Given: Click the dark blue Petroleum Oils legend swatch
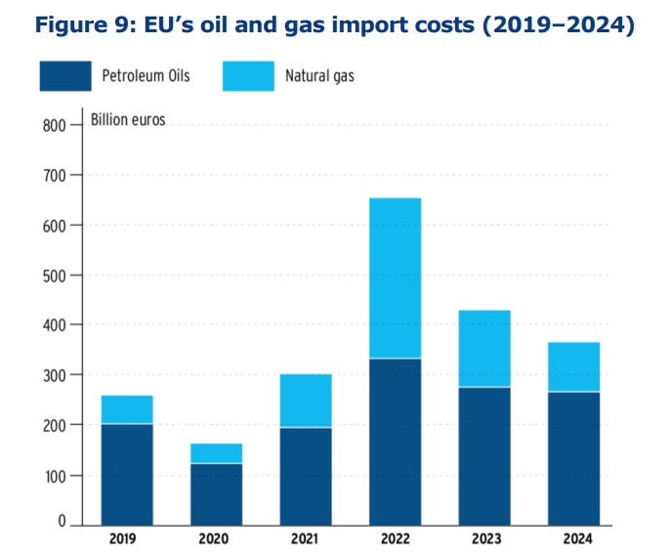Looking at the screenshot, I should [x=65, y=75].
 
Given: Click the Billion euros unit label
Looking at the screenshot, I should [x=128, y=121].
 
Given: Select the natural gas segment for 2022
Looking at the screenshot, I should [x=395, y=278].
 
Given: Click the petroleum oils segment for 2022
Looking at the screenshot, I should [x=395, y=441].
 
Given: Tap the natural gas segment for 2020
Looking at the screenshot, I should [x=216, y=453].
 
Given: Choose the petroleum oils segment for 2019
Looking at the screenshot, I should [x=126, y=473].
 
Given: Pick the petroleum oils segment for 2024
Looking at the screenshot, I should [x=573, y=457].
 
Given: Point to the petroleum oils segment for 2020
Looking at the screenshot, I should [x=216, y=494].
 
